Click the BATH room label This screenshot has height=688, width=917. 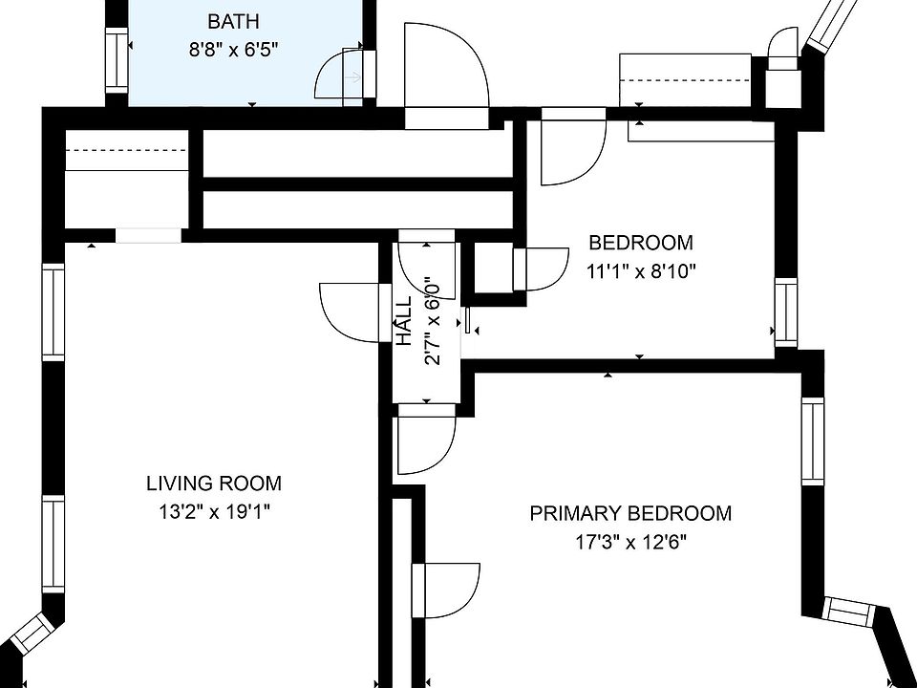click(233, 22)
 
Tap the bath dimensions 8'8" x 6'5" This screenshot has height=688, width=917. click(233, 50)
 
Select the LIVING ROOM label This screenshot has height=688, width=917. click(213, 484)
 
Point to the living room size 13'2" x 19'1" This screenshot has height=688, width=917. click(213, 512)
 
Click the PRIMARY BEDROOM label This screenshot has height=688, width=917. click(630, 514)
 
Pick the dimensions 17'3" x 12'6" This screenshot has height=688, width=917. click(630, 543)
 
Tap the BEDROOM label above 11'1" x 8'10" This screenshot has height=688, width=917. click(640, 242)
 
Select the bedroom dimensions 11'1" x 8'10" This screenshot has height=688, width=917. click(640, 271)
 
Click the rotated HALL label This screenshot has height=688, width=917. click(404, 321)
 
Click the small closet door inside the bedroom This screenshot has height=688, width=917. click(541, 269)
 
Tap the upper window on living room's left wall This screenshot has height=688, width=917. click(53, 312)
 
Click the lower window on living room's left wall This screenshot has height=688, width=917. click(53, 544)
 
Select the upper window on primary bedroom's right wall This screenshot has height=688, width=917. click(812, 441)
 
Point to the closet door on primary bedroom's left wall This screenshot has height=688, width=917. click(446, 591)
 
